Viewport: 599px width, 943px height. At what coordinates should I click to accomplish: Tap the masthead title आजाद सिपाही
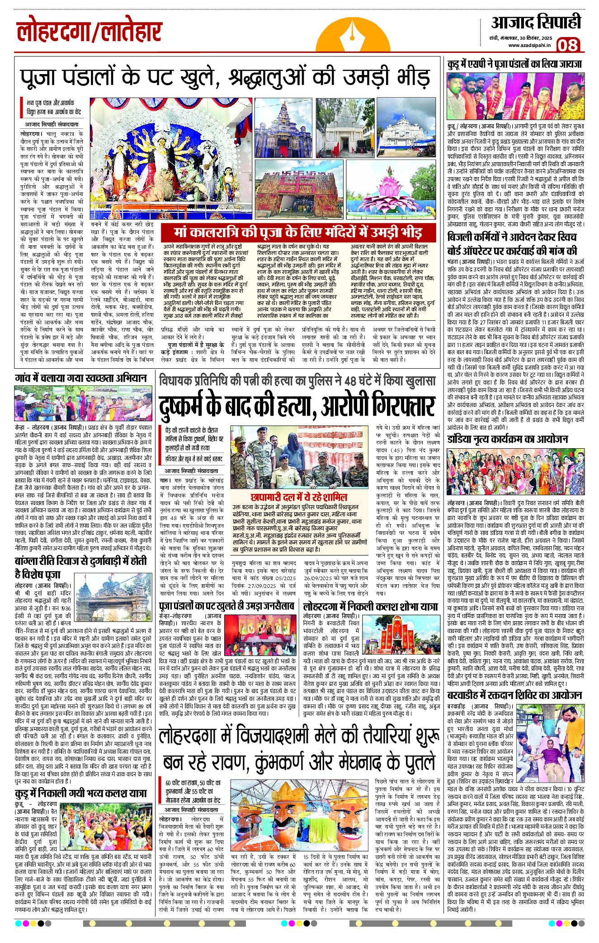536,23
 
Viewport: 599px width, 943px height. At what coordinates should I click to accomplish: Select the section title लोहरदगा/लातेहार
90,32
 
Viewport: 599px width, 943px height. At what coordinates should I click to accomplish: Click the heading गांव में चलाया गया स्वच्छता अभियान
81,378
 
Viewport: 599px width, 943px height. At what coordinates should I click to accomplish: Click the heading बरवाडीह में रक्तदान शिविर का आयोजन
514,695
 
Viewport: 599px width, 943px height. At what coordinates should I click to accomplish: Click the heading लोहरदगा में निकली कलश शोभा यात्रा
371,606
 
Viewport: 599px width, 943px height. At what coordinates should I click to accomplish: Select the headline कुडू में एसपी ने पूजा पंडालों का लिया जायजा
514,64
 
